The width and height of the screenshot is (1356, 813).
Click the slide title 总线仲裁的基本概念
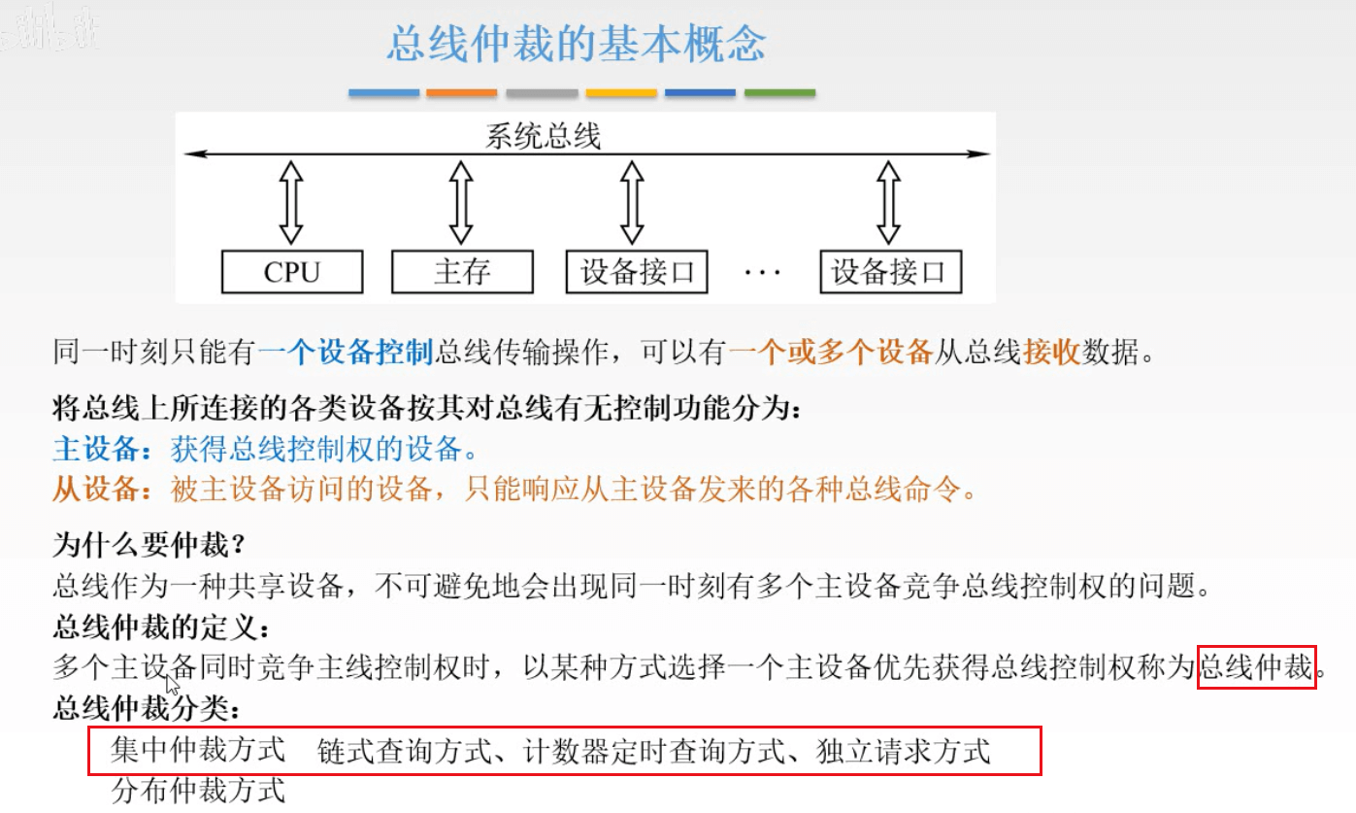click(x=577, y=45)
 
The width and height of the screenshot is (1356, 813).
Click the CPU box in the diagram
click(x=292, y=272)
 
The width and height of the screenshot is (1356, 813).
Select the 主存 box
click(x=462, y=272)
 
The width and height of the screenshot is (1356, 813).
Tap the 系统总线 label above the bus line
click(x=543, y=136)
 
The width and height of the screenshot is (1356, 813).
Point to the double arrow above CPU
click(x=291, y=203)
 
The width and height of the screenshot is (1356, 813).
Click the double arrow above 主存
click(x=462, y=203)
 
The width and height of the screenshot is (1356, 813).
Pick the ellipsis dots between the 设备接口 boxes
click(x=762, y=273)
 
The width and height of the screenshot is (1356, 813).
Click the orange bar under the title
click(x=462, y=93)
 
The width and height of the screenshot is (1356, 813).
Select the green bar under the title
click(x=779, y=93)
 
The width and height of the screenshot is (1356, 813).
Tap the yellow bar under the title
click(x=621, y=93)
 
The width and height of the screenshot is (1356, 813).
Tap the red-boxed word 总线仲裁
click(x=1256, y=667)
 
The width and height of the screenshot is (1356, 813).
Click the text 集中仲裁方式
click(x=198, y=751)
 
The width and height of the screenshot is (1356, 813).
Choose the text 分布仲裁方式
click(x=198, y=790)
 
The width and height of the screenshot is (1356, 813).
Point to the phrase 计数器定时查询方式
click(x=665, y=751)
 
